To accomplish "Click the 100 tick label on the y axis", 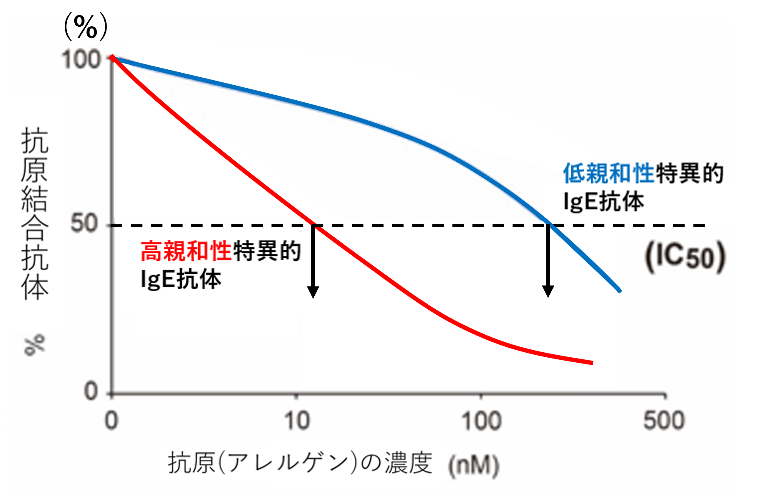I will (82, 60).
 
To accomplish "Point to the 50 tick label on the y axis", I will (84, 224).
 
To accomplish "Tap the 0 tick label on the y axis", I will (91, 392).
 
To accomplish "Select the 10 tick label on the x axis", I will (297, 421).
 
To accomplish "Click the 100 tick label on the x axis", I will (481, 421).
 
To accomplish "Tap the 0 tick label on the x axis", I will (111, 421).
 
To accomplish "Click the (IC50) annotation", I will (685, 257).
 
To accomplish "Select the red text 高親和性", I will (186, 251).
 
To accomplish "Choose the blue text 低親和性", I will (609, 173).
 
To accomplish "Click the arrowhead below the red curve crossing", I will (313, 292).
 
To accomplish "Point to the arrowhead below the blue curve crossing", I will (548, 291).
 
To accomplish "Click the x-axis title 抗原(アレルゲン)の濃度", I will (300, 463).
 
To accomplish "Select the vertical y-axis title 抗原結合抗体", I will (35, 213).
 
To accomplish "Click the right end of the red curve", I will (591, 362).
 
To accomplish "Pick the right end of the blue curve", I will (620, 291).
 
